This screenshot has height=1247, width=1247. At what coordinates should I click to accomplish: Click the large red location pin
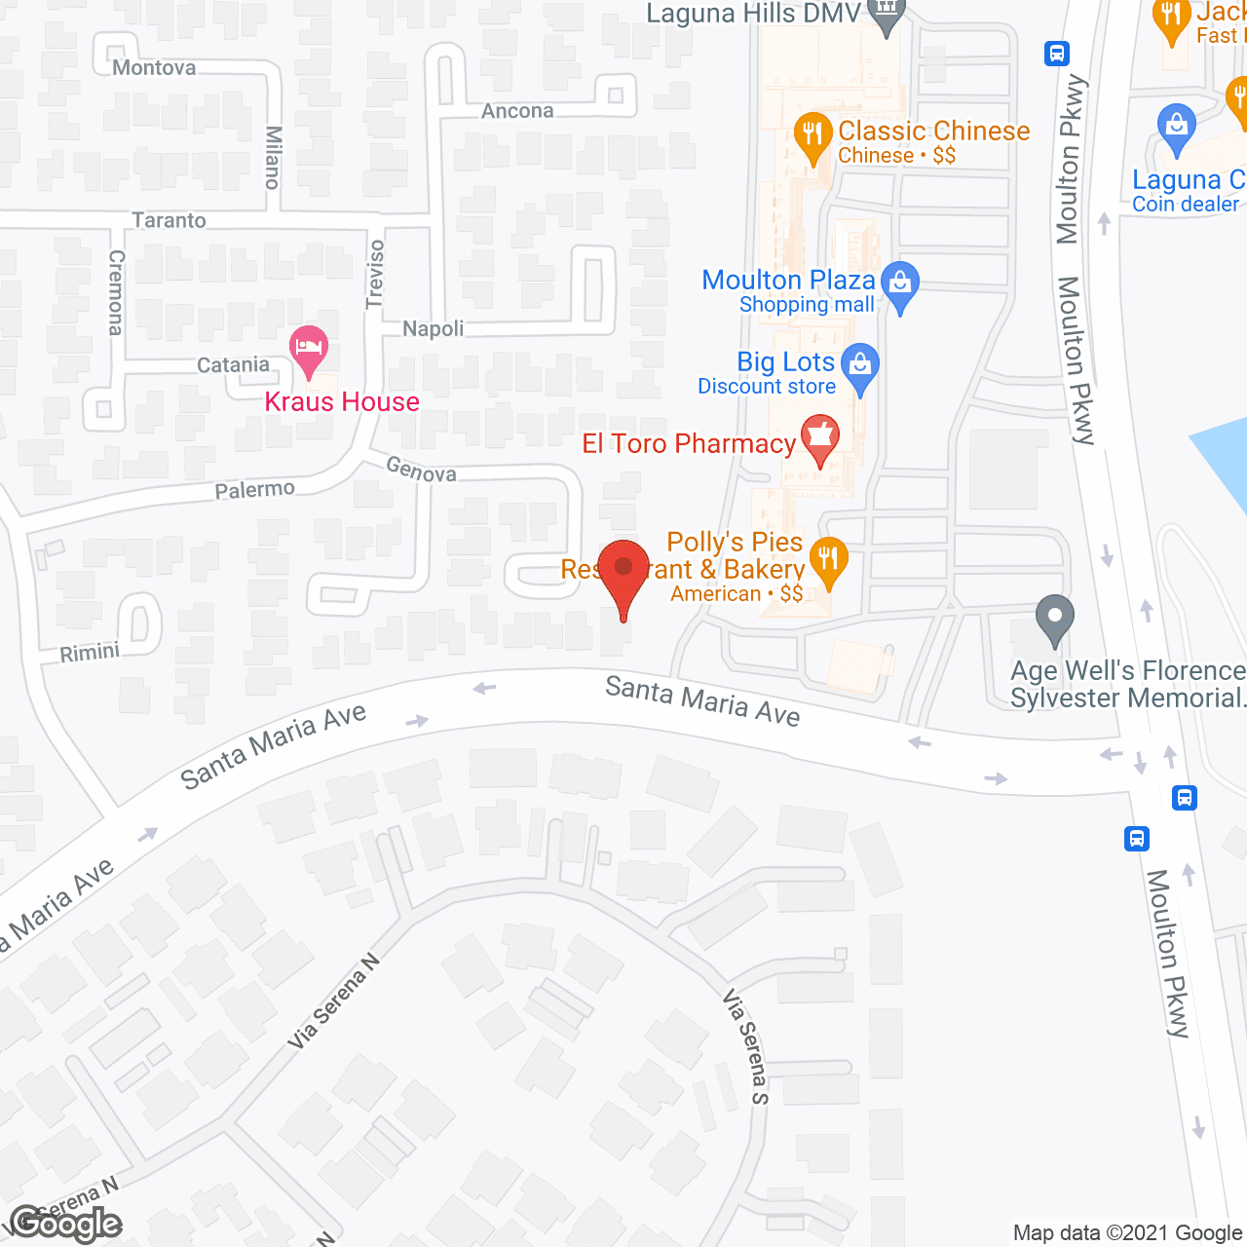(x=623, y=571)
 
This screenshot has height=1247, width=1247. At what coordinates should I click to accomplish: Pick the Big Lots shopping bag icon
(x=859, y=366)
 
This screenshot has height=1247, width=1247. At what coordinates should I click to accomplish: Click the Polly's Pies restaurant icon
(x=828, y=560)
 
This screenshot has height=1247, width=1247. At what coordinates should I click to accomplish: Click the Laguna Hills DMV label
(x=755, y=14)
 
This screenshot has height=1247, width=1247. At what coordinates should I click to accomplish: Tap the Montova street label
(x=154, y=68)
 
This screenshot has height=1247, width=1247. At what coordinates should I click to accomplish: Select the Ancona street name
(x=517, y=111)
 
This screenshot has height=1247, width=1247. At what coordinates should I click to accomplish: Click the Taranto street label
(x=170, y=220)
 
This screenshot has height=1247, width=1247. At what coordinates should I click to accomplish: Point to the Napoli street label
(x=434, y=328)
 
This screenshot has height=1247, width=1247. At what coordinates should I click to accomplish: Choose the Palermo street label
(x=254, y=489)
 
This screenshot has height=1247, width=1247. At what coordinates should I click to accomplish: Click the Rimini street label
(x=90, y=652)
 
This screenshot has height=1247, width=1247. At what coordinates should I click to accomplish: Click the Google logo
(x=66, y=1224)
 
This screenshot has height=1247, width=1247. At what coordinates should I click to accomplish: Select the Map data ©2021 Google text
(x=1128, y=1232)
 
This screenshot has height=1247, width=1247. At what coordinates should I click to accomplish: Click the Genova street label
(x=421, y=470)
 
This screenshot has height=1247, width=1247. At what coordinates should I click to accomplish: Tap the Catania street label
(x=233, y=364)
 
